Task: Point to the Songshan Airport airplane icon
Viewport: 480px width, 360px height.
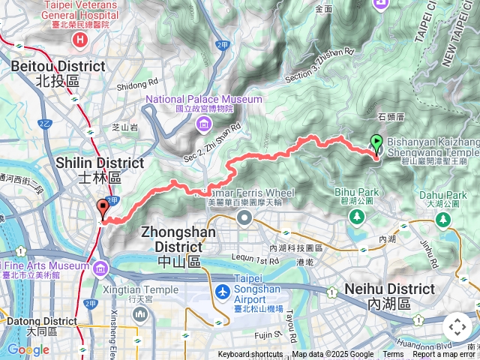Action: point(223,290)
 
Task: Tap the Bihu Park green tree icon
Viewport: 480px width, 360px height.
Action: point(356,216)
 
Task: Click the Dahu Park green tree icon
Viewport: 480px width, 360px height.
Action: point(444,219)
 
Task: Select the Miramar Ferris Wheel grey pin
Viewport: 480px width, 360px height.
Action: point(244,217)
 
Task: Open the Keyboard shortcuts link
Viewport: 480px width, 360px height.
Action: point(250,354)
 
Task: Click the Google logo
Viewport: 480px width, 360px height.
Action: point(28,349)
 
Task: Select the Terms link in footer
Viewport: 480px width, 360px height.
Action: point(393,354)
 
